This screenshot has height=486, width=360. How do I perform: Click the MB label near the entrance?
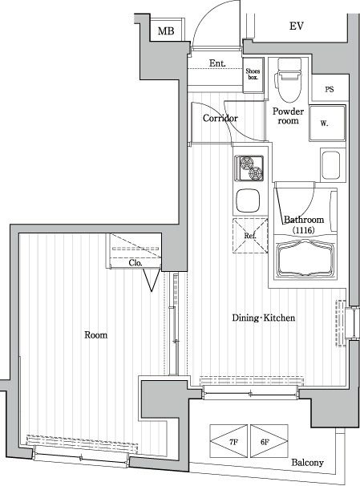[x=166, y=31]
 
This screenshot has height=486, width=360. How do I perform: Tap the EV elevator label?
[x=297, y=26]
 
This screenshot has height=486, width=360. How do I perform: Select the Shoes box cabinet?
[x=253, y=75]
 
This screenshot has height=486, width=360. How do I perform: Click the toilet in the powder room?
[x=289, y=80]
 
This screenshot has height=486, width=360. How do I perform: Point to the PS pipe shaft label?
[x=330, y=89]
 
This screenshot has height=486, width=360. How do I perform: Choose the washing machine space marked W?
[x=327, y=123]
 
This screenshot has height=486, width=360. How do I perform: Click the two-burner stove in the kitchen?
[x=249, y=168]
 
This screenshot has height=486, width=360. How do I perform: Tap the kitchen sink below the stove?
[x=248, y=200]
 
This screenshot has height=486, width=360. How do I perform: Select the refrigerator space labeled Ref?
[x=250, y=236]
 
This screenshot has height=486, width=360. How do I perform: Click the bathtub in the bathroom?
[x=305, y=259]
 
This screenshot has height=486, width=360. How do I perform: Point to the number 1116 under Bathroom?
[x=303, y=230]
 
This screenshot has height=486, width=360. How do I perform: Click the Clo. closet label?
[x=136, y=263]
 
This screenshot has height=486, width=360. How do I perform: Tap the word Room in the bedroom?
[x=95, y=335]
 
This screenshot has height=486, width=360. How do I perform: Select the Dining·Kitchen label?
[x=264, y=318]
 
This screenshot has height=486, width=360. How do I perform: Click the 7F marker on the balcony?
[x=233, y=442]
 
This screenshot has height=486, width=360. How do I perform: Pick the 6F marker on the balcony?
[x=265, y=442]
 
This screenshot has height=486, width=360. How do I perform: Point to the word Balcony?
[x=307, y=463]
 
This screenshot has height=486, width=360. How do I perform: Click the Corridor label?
[x=220, y=118]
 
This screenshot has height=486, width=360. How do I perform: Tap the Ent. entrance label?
[x=217, y=63]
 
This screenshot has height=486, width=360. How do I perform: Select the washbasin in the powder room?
[x=330, y=165]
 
